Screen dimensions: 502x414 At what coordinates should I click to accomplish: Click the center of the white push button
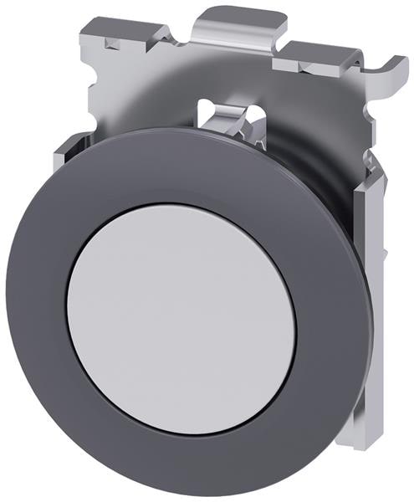tap(181, 317)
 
